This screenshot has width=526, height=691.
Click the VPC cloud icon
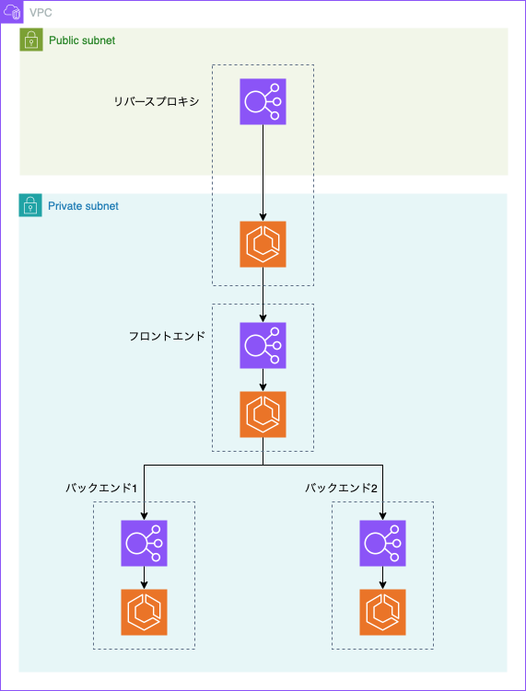point(11,12)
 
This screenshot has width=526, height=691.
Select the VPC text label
point(41,13)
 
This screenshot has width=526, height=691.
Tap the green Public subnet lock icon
point(31,40)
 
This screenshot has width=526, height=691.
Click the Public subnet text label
point(82,40)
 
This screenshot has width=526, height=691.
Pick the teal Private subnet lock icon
point(30,205)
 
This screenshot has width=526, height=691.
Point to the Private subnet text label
point(83,206)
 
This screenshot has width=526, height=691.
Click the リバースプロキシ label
point(157,101)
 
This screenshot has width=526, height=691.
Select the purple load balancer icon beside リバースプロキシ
point(263,101)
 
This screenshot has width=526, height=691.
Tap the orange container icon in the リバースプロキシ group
point(263,244)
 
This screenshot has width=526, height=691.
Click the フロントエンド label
point(167,336)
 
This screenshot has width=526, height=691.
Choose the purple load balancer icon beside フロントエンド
point(263,345)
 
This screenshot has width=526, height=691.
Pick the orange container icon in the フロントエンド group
point(263,414)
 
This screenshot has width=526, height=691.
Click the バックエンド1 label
point(101,488)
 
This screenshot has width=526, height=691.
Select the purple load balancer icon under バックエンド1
point(145,543)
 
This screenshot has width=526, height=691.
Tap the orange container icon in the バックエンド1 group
point(145,612)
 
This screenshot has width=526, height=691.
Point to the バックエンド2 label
point(341,488)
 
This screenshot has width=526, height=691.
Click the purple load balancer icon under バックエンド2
point(382,543)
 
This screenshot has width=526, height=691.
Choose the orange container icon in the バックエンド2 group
point(382,612)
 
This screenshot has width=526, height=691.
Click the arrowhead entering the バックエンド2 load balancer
point(382,516)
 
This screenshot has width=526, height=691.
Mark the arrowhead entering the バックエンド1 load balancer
point(145,516)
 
